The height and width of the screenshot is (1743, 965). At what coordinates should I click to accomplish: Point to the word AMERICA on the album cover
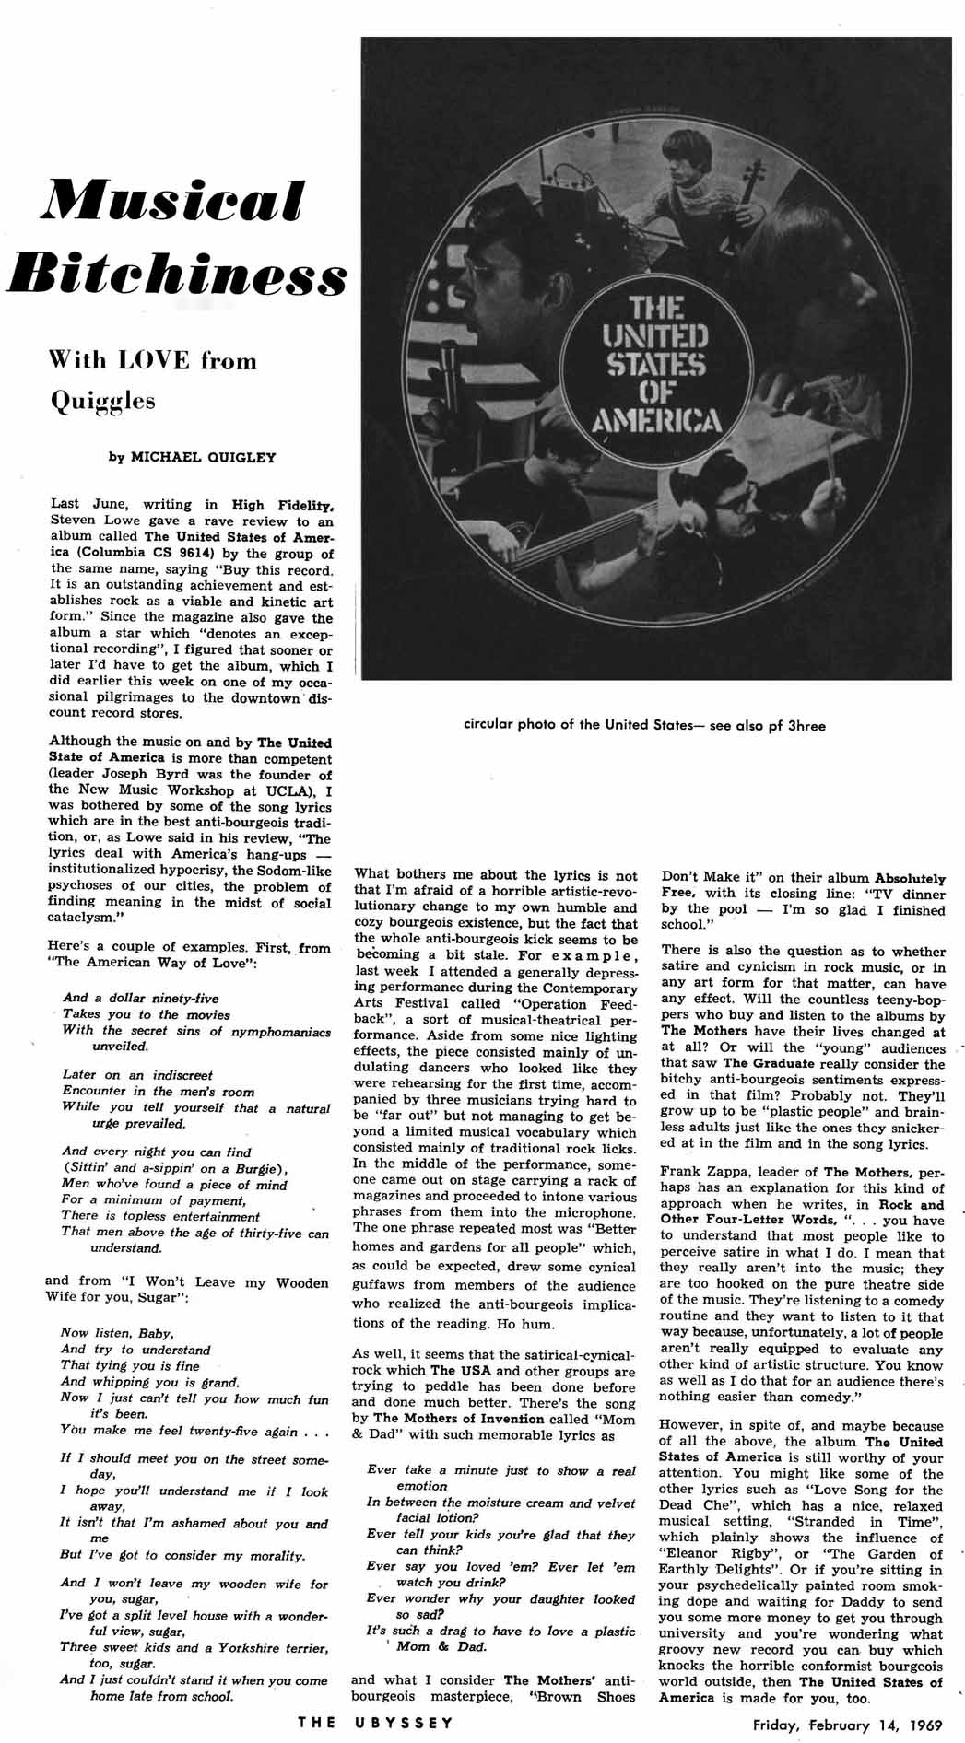click(656, 421)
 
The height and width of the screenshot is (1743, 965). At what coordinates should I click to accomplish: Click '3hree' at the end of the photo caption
click(805, 725)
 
